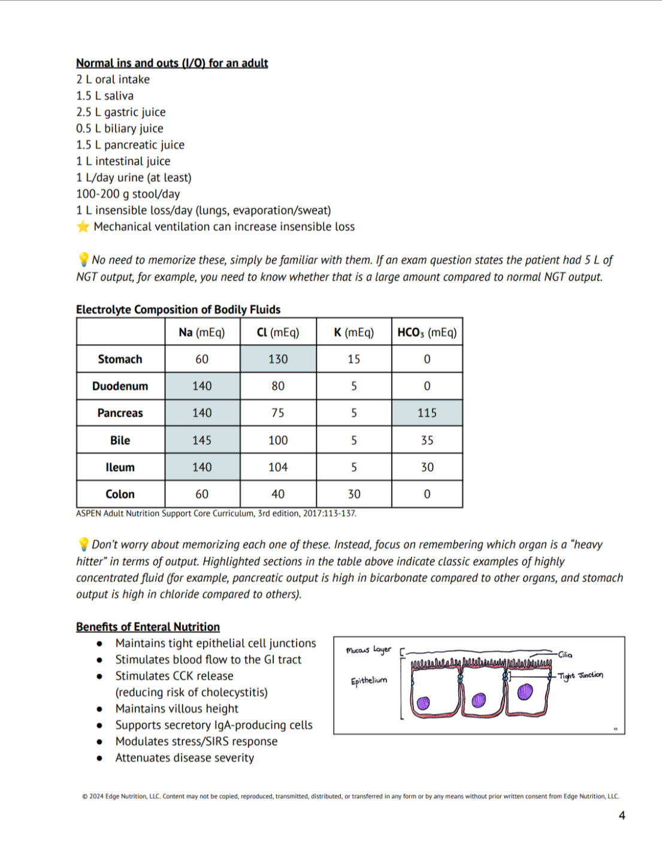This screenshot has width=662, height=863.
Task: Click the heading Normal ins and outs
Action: click(172, 63)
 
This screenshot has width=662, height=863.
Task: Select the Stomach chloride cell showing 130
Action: click(278, 359)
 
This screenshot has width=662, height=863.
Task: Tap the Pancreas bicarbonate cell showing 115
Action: click(427, 413)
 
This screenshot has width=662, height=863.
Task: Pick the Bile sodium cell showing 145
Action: click(202, 440)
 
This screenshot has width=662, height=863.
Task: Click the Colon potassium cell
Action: click(354, 494)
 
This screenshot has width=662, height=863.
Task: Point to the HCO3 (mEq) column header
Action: click(427, 333)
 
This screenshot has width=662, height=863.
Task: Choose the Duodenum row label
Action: click(120, 386)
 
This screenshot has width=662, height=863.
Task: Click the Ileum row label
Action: click(120, 467)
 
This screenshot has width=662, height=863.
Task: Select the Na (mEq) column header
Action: click(202, 333)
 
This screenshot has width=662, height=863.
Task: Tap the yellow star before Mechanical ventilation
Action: click(83, 227)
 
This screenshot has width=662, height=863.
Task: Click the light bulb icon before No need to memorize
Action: click(83, 259)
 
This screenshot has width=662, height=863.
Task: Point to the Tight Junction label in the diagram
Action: click(581, 675)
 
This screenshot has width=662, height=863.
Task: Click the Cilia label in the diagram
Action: click(565, 654)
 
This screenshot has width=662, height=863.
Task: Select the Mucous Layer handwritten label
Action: click(368, 650)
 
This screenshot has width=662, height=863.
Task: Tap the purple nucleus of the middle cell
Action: click(479, 700)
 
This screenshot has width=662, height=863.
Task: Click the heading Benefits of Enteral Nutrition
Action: click(148, 627)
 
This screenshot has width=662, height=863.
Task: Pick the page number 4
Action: click(622, 815)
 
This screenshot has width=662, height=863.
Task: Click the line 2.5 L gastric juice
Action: click(121, 112)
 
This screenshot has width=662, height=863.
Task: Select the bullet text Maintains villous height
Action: click(177, 708)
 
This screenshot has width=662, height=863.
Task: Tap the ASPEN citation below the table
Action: click(216, 514)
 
